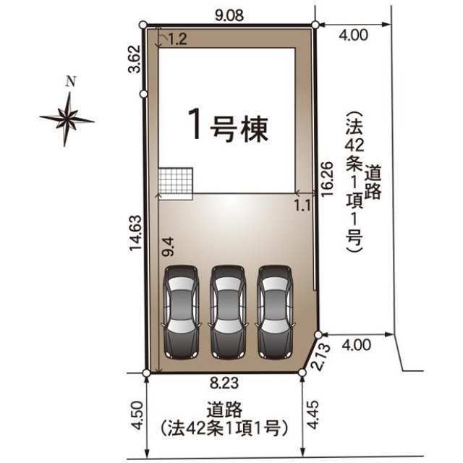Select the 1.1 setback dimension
(x=302, y=205)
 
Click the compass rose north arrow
(x=67, y=116)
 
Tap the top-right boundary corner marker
(x=315, y=25)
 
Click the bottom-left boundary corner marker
(x=146, y=373)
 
